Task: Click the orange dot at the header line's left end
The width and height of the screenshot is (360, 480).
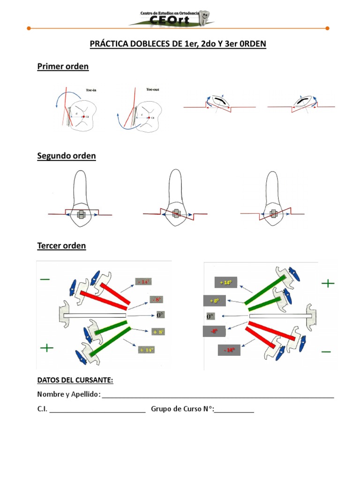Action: click(x=29, y=29)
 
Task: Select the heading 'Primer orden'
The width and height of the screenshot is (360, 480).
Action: click(x=63, y=67)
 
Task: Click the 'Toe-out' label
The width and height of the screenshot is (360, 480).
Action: click(x=153, y=90)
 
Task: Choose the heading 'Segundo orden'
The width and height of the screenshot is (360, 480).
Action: click(x=66, y=157)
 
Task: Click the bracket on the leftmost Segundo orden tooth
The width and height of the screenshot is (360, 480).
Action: click(x=81, y=215)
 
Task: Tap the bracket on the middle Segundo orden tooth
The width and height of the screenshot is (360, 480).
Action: click(x=176, y=214)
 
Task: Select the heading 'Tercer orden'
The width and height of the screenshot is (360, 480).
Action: click(x=61, y=246)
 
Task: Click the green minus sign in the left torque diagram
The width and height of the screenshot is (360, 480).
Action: click(x=45, y=279)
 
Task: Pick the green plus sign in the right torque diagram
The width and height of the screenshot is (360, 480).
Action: click(x=328, y=283)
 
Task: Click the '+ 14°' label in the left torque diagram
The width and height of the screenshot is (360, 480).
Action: click(x=146, y=350)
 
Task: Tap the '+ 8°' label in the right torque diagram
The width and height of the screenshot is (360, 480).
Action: click(x=214, y=301)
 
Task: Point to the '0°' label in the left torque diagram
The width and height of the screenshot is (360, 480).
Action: click(x=160, y=315)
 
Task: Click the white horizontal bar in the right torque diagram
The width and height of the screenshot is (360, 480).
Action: click(x=279, y=317)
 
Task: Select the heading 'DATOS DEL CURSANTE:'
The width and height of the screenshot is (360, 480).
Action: click(x=75, y=380)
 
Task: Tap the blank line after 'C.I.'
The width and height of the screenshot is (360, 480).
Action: click(x=97, y=410)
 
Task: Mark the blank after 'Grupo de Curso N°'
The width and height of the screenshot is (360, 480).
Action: click(x=234, y=410)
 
